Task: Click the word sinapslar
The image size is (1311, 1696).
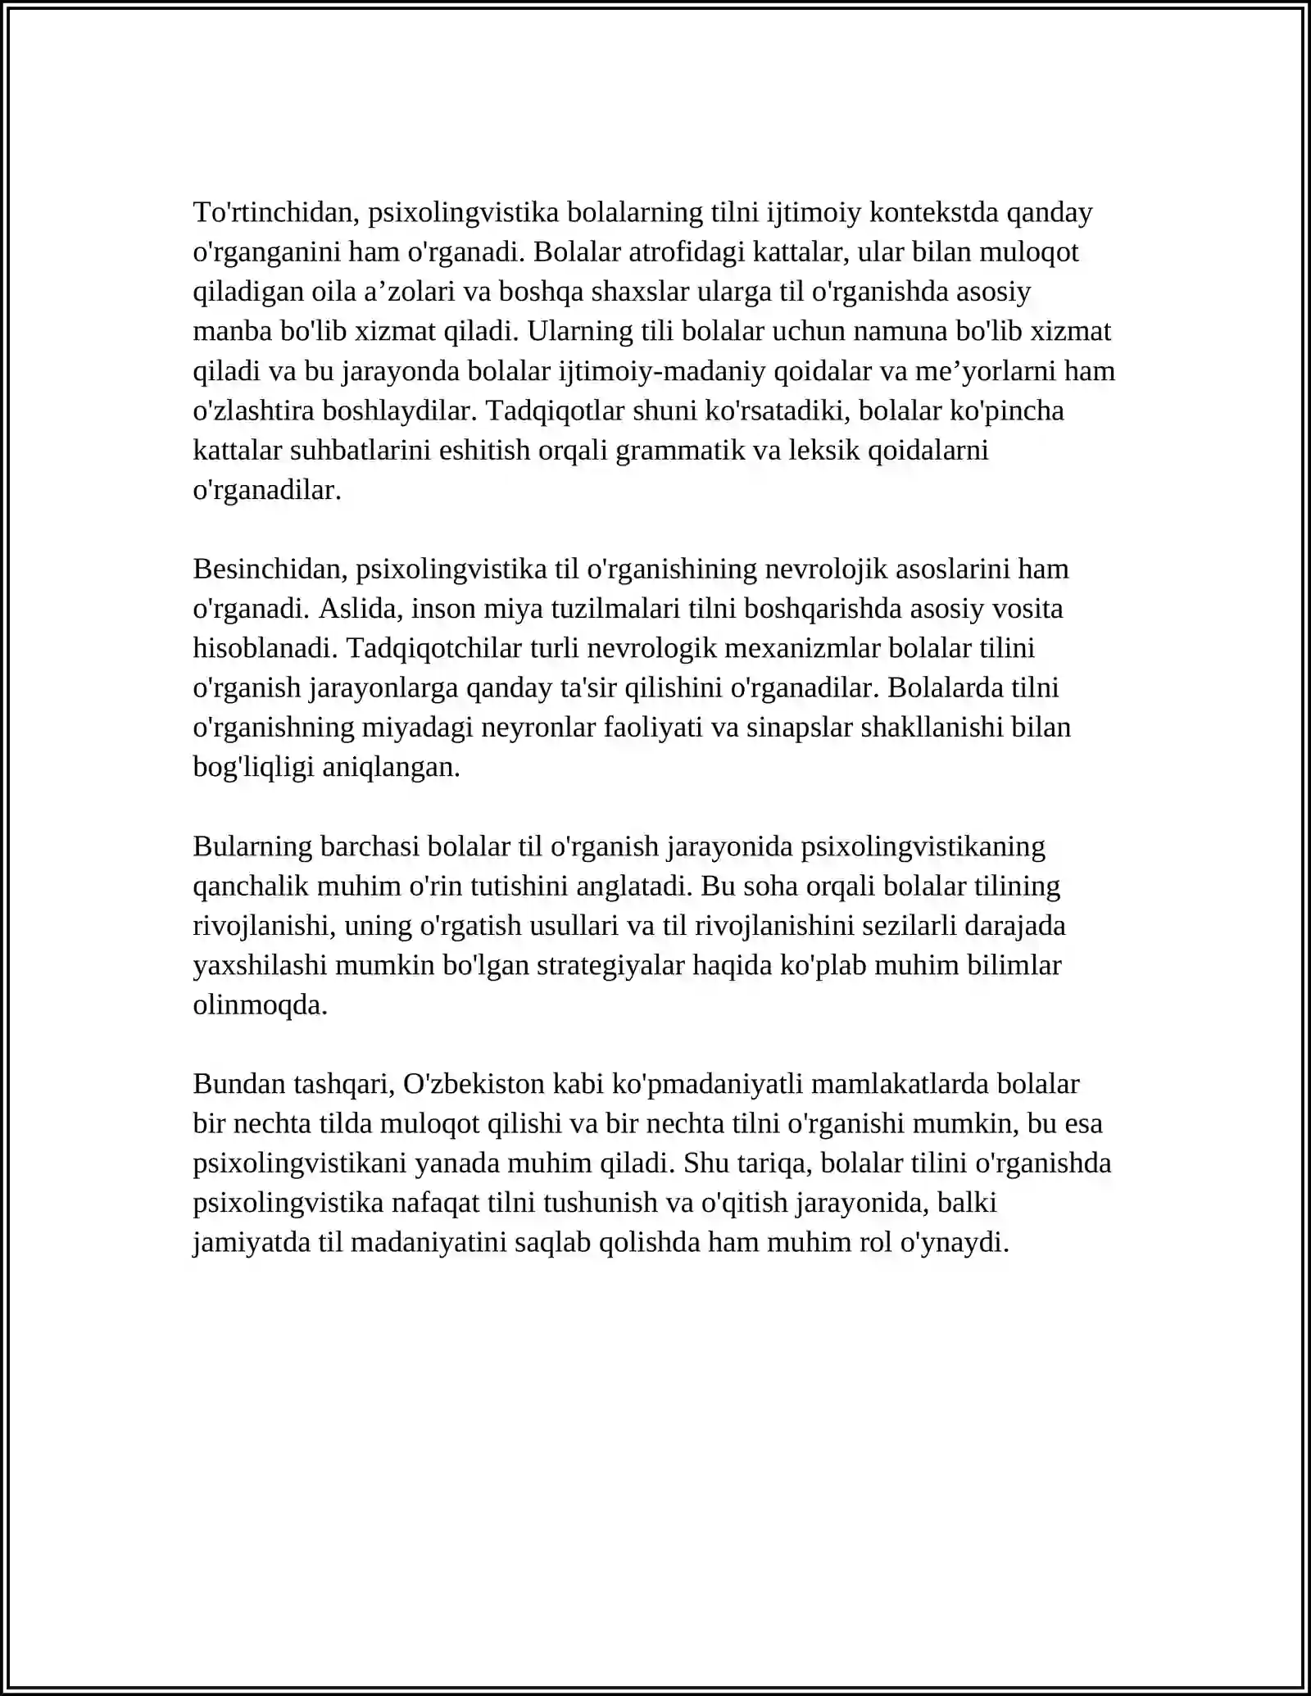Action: pos(799,728)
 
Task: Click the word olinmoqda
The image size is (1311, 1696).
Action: pos(260,1005)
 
